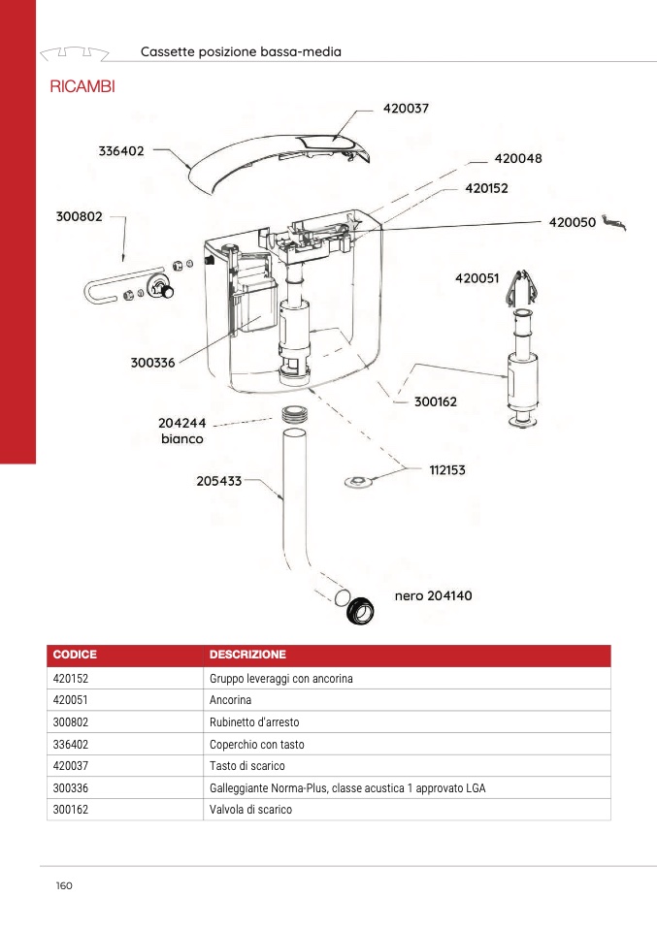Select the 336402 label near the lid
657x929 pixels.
[121, 151]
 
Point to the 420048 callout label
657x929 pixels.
[518, 158]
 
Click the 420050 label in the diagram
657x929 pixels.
[573, 222]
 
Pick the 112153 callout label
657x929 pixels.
[447, 470]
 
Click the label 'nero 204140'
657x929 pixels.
[433, 595]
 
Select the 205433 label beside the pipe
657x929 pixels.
[218, 479]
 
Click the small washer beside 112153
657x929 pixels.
[359, 481]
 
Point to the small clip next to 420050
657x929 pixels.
[614, 224]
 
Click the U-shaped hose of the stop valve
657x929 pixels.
[102, 291]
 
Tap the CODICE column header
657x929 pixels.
[75, 655]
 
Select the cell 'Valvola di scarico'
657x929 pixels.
[250, 810]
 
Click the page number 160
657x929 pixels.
[65, 885]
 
